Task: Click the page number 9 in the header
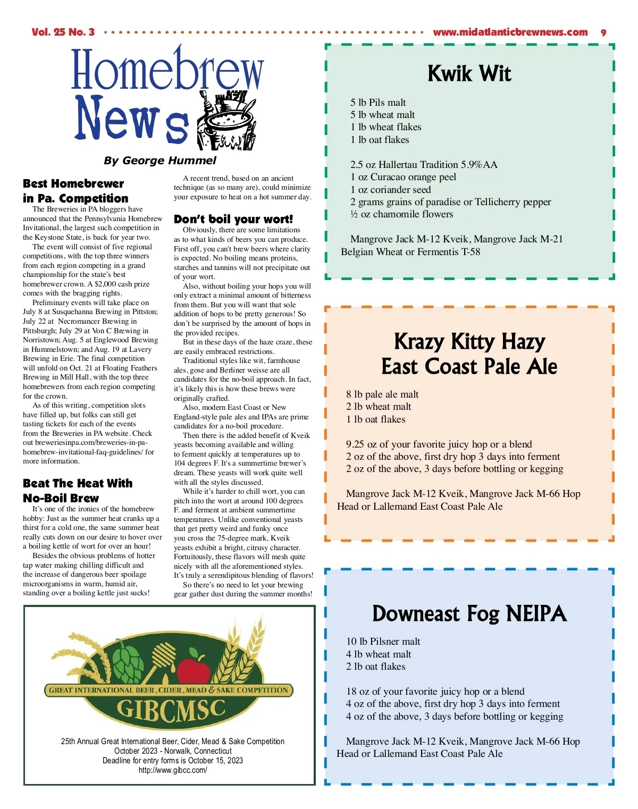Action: click(603, 32)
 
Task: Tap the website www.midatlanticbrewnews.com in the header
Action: click(510, 32)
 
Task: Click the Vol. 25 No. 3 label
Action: click(63, 32)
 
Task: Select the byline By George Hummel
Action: click(160, 161)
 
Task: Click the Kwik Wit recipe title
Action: click(469, 73)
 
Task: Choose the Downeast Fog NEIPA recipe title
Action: click(469, 613)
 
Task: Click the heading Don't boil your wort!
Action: click(233, 219)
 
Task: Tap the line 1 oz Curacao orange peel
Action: click(403, 177)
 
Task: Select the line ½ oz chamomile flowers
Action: click(401, 214)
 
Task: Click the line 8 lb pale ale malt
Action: click(382, 394)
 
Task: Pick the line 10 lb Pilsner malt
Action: click(383, 642)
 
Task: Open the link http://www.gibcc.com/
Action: click(173, 770)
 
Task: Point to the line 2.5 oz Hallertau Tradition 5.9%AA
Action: click(424, 165)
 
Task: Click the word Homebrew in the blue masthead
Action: click(167, 71)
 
